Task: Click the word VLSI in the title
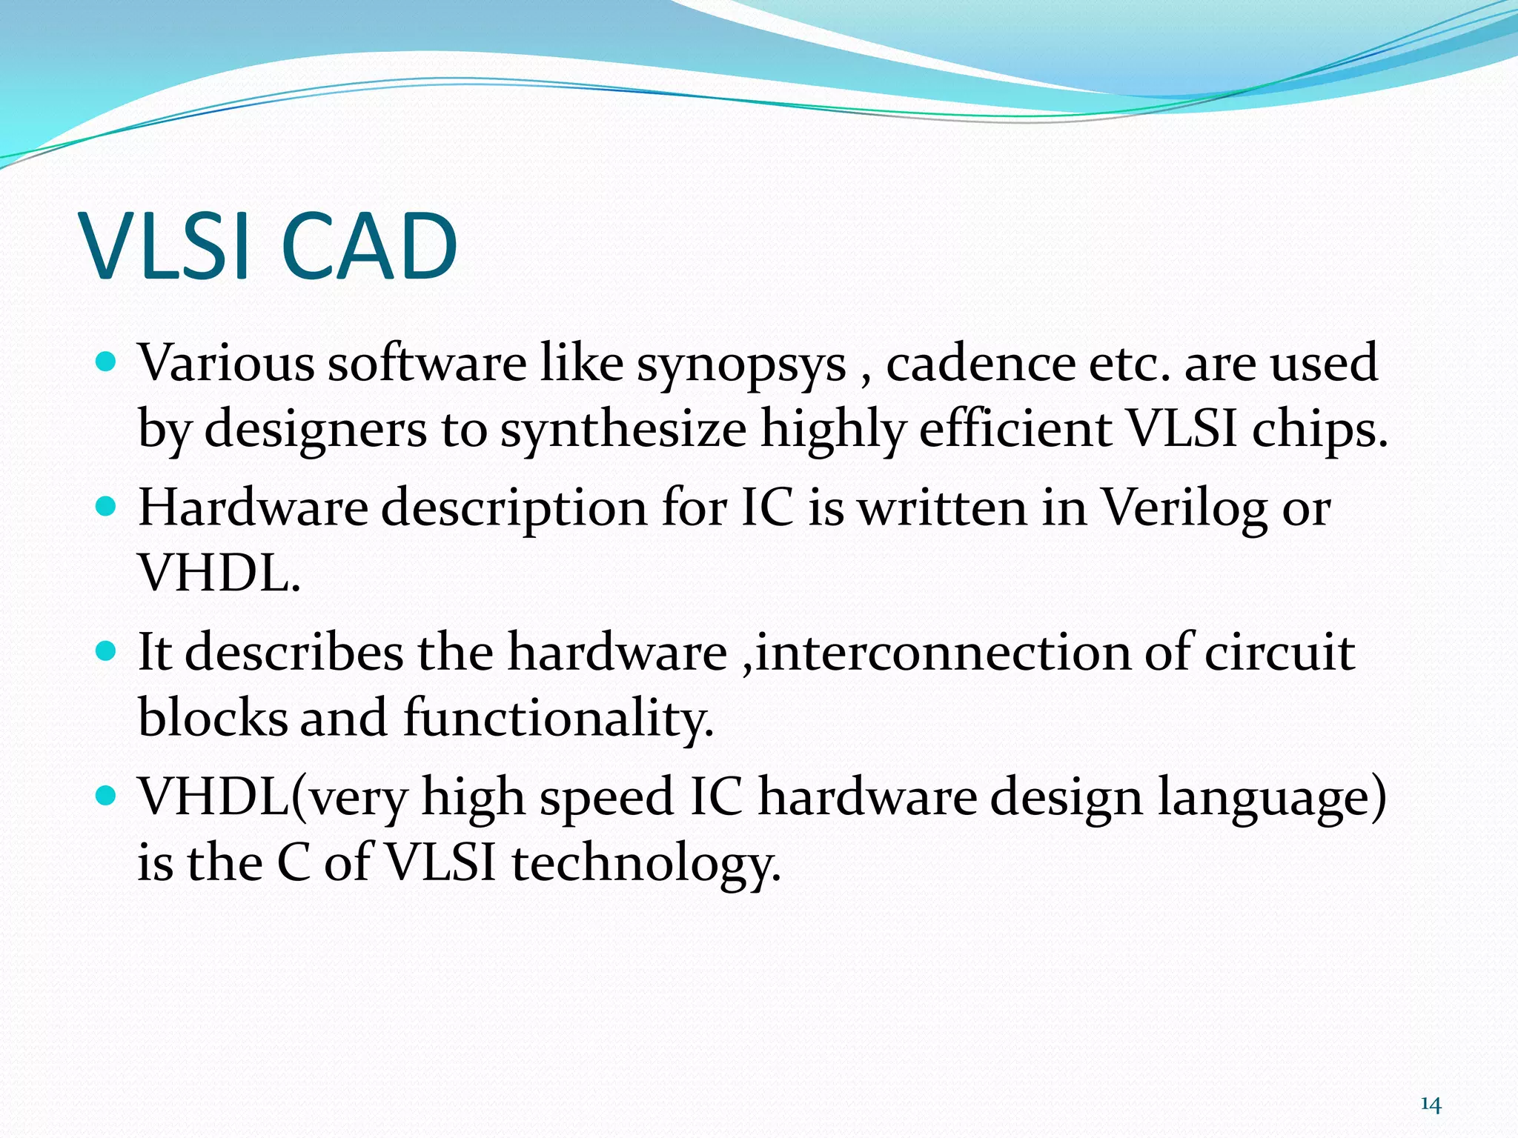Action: point(165,247)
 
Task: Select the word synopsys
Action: point(740,365)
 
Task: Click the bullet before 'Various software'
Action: point(107,362)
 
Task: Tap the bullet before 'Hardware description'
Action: point(107,507)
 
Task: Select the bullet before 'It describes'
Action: point(107,651)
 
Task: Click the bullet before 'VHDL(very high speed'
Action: point(107,796)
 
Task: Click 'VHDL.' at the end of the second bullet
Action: point(219,573)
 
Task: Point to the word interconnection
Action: point(941,653)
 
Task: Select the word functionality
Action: point(558,719)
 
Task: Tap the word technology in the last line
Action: point(646,865)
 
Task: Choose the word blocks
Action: point(212,718)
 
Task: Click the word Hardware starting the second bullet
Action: point(253,508)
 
